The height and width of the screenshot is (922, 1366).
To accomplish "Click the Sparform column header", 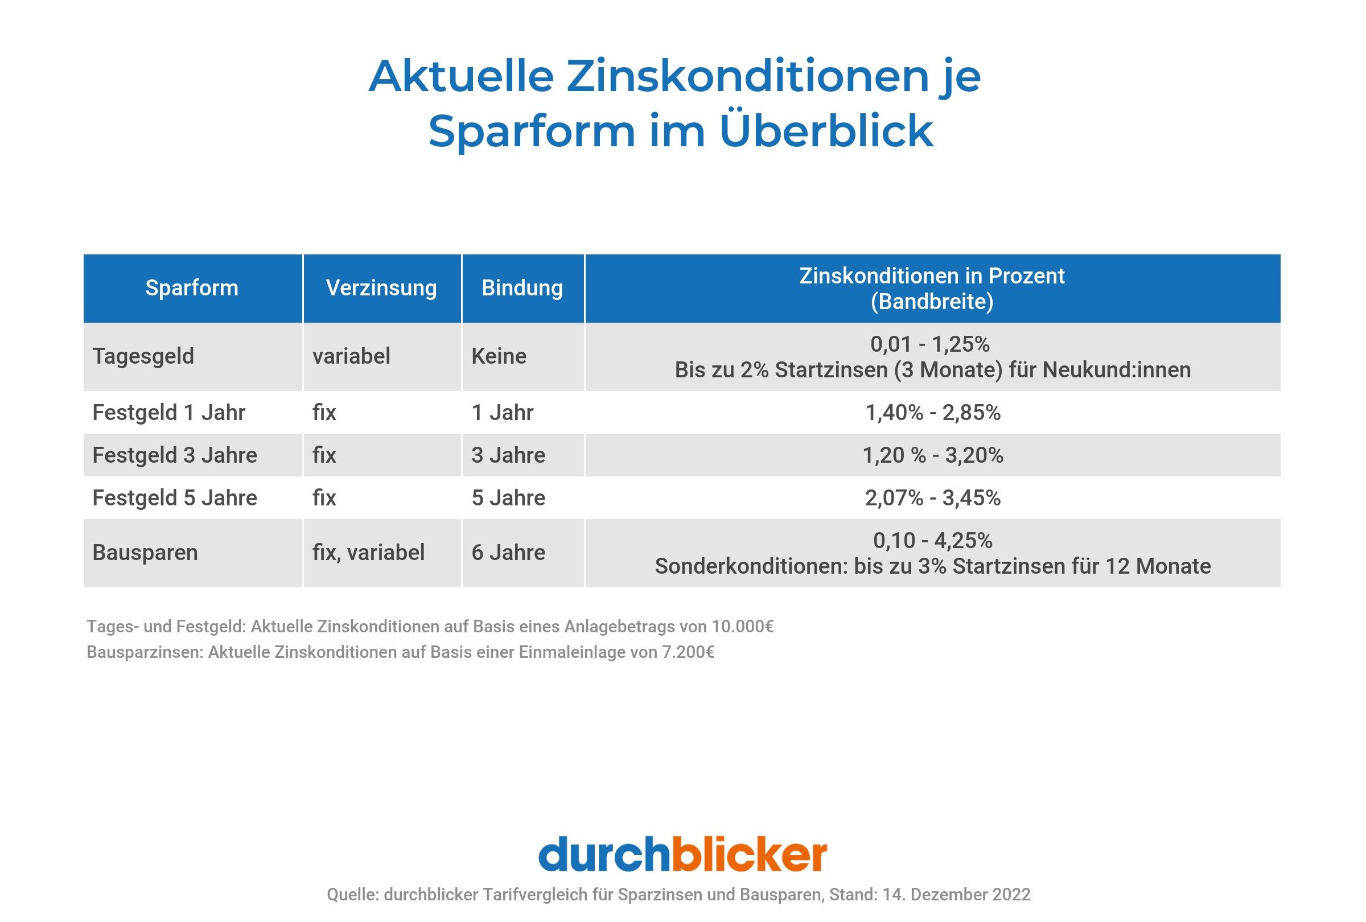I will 192,288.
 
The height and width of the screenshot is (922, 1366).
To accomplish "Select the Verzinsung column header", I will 381,288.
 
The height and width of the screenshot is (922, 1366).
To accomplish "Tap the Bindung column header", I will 522,288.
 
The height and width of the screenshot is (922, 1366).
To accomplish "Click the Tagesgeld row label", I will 143,356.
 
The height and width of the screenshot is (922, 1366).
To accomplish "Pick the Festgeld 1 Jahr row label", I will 168,413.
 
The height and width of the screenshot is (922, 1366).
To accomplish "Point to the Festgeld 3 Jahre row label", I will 175,455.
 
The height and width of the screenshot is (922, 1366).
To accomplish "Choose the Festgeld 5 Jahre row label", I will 175,498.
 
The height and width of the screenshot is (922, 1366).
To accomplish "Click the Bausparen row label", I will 145,553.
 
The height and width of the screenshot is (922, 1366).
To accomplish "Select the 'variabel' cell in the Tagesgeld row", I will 351,356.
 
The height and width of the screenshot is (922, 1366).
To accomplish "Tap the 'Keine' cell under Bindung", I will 499,356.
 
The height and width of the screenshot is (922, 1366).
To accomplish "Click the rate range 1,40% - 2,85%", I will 932,413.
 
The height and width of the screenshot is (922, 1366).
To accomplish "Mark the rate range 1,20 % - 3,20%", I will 932,455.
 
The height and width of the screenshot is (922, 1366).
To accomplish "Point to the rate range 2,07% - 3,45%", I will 932,498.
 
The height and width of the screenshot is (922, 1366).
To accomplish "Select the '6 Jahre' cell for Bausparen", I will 508,553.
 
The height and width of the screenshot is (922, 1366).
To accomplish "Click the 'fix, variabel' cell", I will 368,553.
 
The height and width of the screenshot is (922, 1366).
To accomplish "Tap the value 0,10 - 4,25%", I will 932,540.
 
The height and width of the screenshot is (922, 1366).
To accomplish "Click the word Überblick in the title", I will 826,130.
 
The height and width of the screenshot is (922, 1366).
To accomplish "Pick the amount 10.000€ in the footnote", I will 742,627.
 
